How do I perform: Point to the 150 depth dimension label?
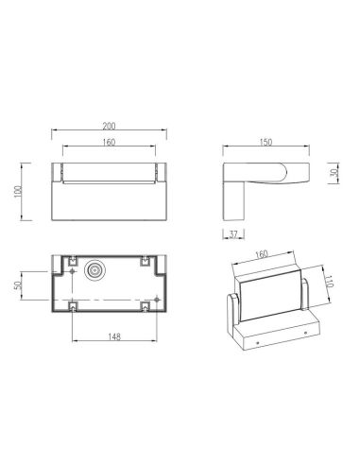(x=266, y=143)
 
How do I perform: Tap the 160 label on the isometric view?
(x=262, y=254)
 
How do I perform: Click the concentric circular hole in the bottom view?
(x=94, y=271)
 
